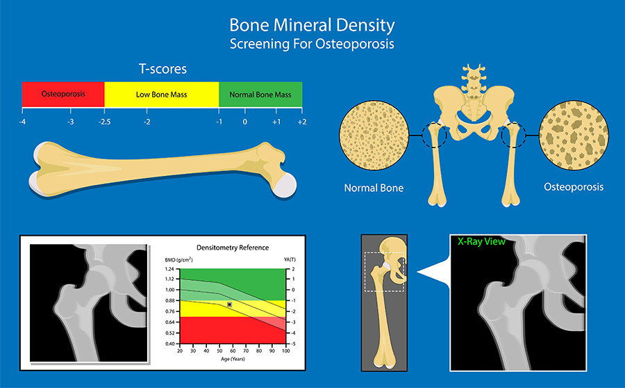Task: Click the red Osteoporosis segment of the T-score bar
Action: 63,94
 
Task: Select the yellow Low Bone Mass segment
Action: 161,94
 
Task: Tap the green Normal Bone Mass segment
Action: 260,94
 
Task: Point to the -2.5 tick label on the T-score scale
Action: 104,122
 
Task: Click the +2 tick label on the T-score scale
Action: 302,122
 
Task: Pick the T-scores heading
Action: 162,69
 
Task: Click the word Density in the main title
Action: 365,26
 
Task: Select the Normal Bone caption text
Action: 374,188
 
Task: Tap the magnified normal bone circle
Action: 374,136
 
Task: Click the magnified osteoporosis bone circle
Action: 574,136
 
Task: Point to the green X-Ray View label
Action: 481,241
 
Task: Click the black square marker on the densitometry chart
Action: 230,305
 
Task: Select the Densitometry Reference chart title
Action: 233,248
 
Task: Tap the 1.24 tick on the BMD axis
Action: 170,269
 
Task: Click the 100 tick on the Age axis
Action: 286,351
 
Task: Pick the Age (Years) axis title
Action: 233,359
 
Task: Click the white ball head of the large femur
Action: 285,186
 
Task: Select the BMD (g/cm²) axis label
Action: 179,260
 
